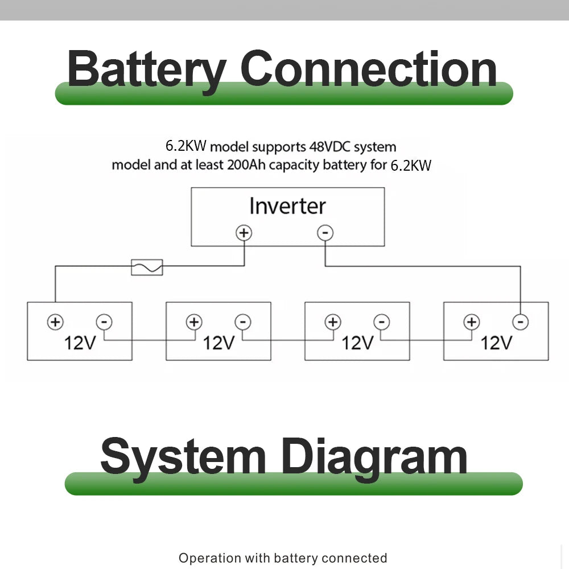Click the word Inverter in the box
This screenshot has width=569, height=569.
tap(287, 206)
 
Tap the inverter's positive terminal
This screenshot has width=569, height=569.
tap(244, 233)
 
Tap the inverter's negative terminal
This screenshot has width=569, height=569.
tap(325, 233)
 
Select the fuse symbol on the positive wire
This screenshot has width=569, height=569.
tap(147, 267)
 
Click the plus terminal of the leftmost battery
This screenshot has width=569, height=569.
tap(55, 322)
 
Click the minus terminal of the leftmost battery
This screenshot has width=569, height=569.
tap(104, 322)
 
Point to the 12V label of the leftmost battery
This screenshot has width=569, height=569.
tap(80, 343)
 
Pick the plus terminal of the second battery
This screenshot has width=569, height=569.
tap(194, 322)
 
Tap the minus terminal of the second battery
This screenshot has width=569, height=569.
tap(243, 322)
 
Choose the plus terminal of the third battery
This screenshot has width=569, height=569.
tap(333, 322)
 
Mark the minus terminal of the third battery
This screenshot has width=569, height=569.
tap(382, 322)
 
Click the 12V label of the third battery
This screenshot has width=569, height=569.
tap(358, 343)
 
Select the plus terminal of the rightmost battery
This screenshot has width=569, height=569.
tap(472, 322)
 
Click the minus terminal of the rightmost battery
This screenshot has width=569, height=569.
tap(520, 322)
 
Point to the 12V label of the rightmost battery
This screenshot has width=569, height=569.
tap(497, 343)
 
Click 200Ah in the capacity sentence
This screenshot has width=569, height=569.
tap(246, 166)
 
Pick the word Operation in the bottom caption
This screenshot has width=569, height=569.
tap(209, 558)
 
